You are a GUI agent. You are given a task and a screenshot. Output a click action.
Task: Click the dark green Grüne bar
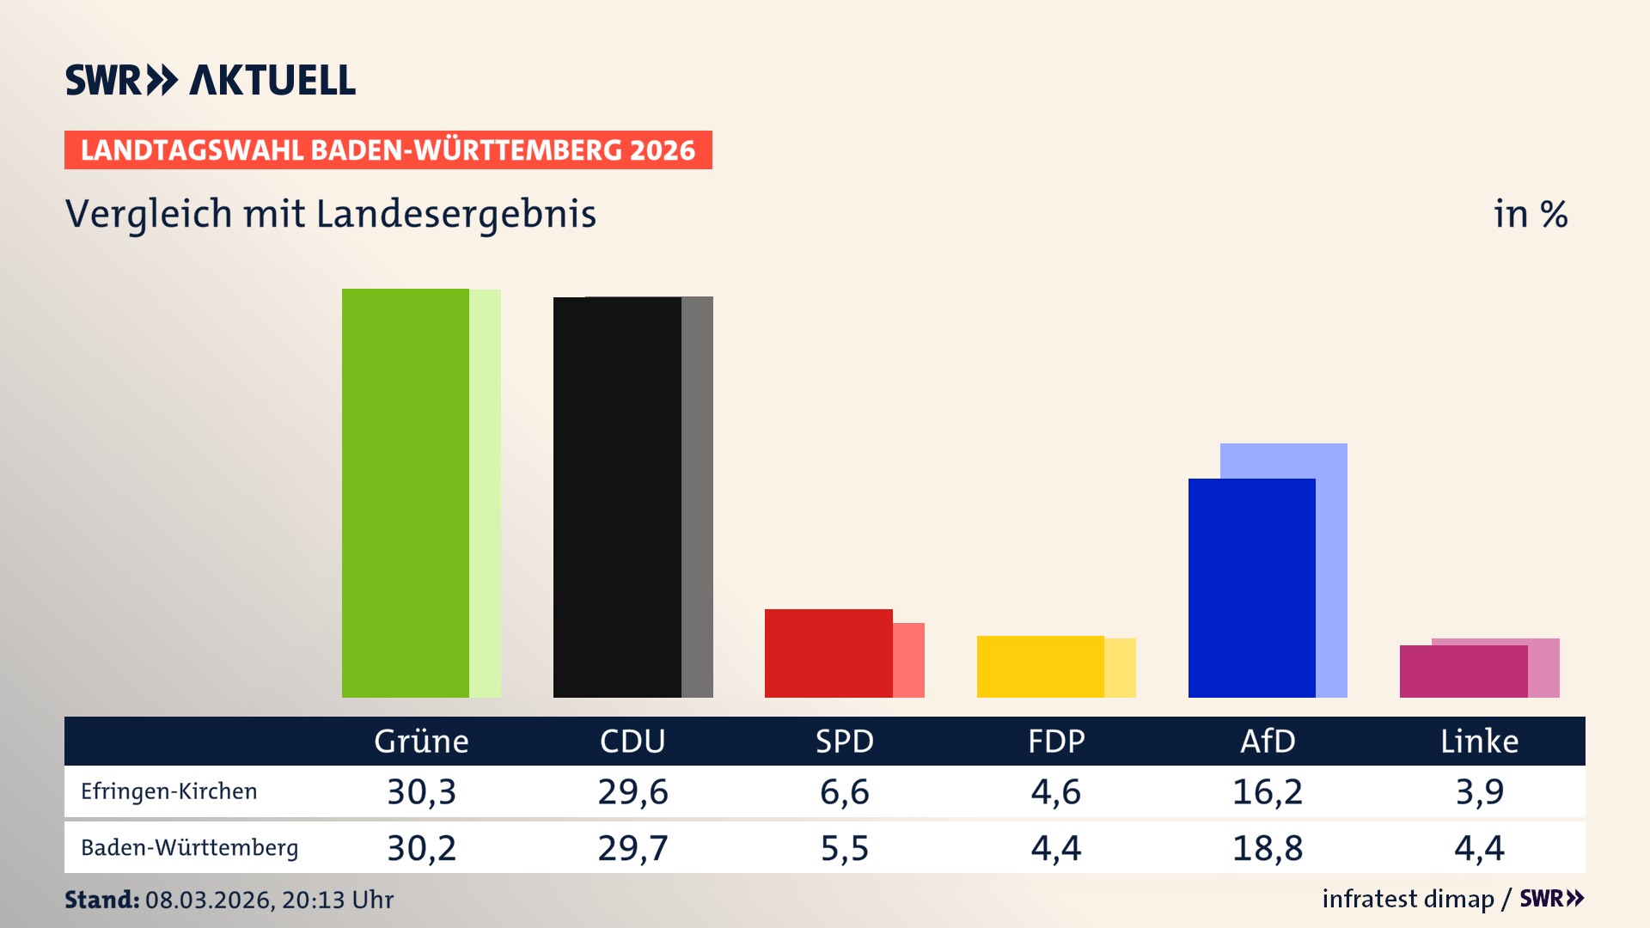click(405, 493)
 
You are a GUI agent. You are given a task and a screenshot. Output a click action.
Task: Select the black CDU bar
click(617, 498)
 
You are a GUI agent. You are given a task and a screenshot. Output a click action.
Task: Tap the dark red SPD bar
click(828, 653)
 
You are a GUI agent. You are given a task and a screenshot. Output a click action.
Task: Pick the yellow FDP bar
click(1040, 667)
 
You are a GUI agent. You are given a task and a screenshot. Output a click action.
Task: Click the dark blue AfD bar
click(1251, 588)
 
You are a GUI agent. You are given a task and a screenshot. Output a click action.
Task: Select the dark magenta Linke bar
click(1463, 671)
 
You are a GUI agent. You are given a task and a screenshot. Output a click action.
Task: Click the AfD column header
click(1268, 742)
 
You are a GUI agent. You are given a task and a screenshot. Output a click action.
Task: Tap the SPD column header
click(844, 742)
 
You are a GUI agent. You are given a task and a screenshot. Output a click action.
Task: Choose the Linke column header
click(1479, 742)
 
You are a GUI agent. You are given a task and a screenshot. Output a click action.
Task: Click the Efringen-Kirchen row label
click(169, 791)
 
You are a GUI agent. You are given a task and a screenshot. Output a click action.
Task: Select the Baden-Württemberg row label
click(189, 848)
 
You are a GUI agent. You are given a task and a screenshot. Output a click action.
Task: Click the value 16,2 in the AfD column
click(1268, 791)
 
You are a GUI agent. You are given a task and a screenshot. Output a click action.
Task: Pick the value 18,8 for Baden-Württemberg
click(1268, 848)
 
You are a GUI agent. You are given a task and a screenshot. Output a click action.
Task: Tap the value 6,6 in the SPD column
click(844, 791)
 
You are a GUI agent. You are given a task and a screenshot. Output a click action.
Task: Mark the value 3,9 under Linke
click(1479, 791)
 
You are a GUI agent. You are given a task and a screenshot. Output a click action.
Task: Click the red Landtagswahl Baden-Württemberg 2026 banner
click(388, 150)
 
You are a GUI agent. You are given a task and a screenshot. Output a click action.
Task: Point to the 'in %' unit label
click(1530, 215)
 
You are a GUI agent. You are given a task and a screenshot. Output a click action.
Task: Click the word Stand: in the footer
click(101, 900)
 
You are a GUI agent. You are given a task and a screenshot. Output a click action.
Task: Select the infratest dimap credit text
click(1408, 899)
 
